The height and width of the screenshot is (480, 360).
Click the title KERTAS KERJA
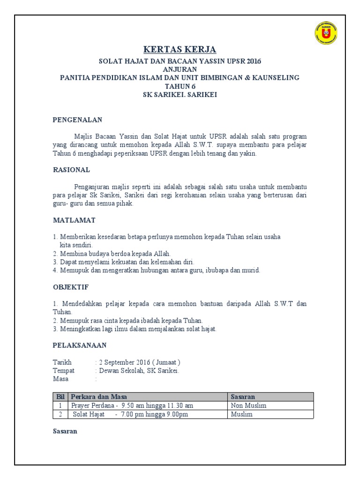click(180, 50)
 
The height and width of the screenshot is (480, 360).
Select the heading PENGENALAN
click(77, 120)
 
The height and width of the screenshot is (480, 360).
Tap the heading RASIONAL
click(71, 170)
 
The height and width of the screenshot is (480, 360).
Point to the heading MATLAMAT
click(74, 220)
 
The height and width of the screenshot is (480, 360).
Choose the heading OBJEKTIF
click(70, 286)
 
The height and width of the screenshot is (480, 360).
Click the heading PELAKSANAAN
click(79, 345)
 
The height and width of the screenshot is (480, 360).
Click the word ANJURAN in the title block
click(180, 69)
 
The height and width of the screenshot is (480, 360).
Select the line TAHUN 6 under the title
click(180, 86)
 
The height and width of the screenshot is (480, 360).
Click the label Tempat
click(63, 370)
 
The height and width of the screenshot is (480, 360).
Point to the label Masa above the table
click(60, 379)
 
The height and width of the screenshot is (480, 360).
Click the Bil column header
click(60, 397)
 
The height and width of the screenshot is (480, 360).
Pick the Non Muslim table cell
click(248, 405)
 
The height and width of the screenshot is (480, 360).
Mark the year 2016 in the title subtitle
click(251, 61)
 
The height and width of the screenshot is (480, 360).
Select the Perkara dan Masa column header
click(98, 397)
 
